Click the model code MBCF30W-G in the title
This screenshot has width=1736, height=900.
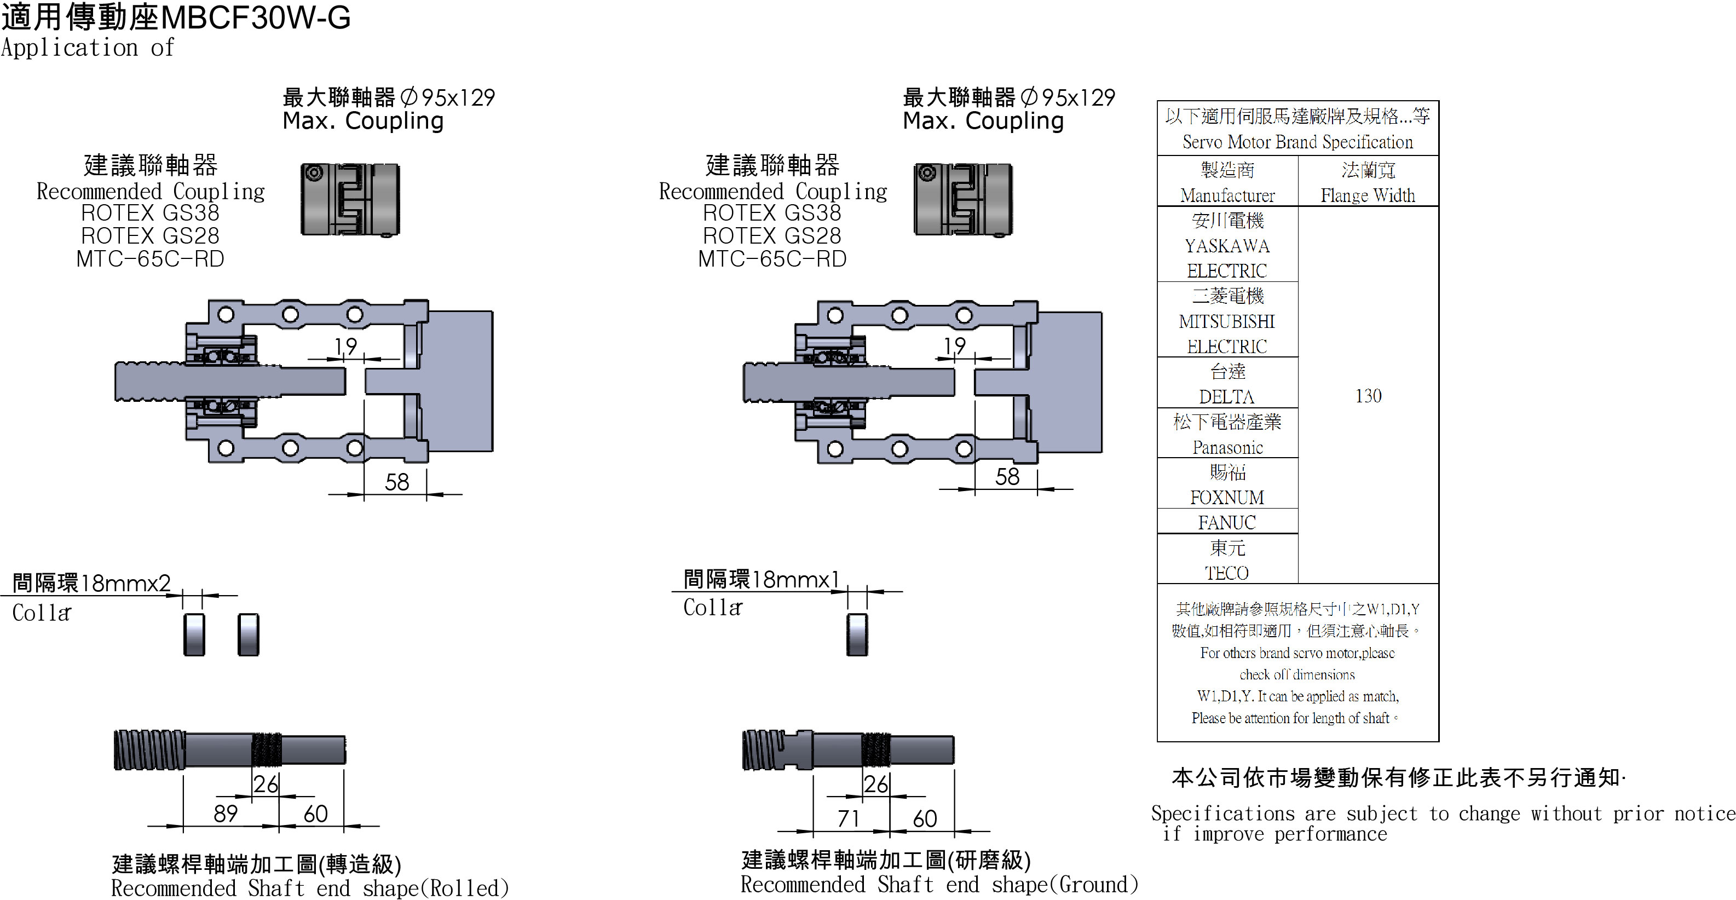point(256,18)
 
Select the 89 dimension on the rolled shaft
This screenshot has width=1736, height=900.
point(225,813)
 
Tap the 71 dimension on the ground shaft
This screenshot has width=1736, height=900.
point(848,818)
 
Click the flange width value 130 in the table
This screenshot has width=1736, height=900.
point(1368,395)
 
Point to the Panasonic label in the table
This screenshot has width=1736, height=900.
point(1227,447)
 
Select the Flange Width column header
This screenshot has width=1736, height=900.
point(1368,195)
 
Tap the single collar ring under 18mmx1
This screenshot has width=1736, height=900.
point(857,634)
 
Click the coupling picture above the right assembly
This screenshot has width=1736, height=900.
point(962,199)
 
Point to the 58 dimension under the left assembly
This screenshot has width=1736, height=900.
point(397,482)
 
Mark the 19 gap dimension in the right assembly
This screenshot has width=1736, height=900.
point(954,345)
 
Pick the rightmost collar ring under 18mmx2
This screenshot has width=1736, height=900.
point(248,634)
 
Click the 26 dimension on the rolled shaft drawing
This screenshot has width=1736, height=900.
point(266,784)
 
